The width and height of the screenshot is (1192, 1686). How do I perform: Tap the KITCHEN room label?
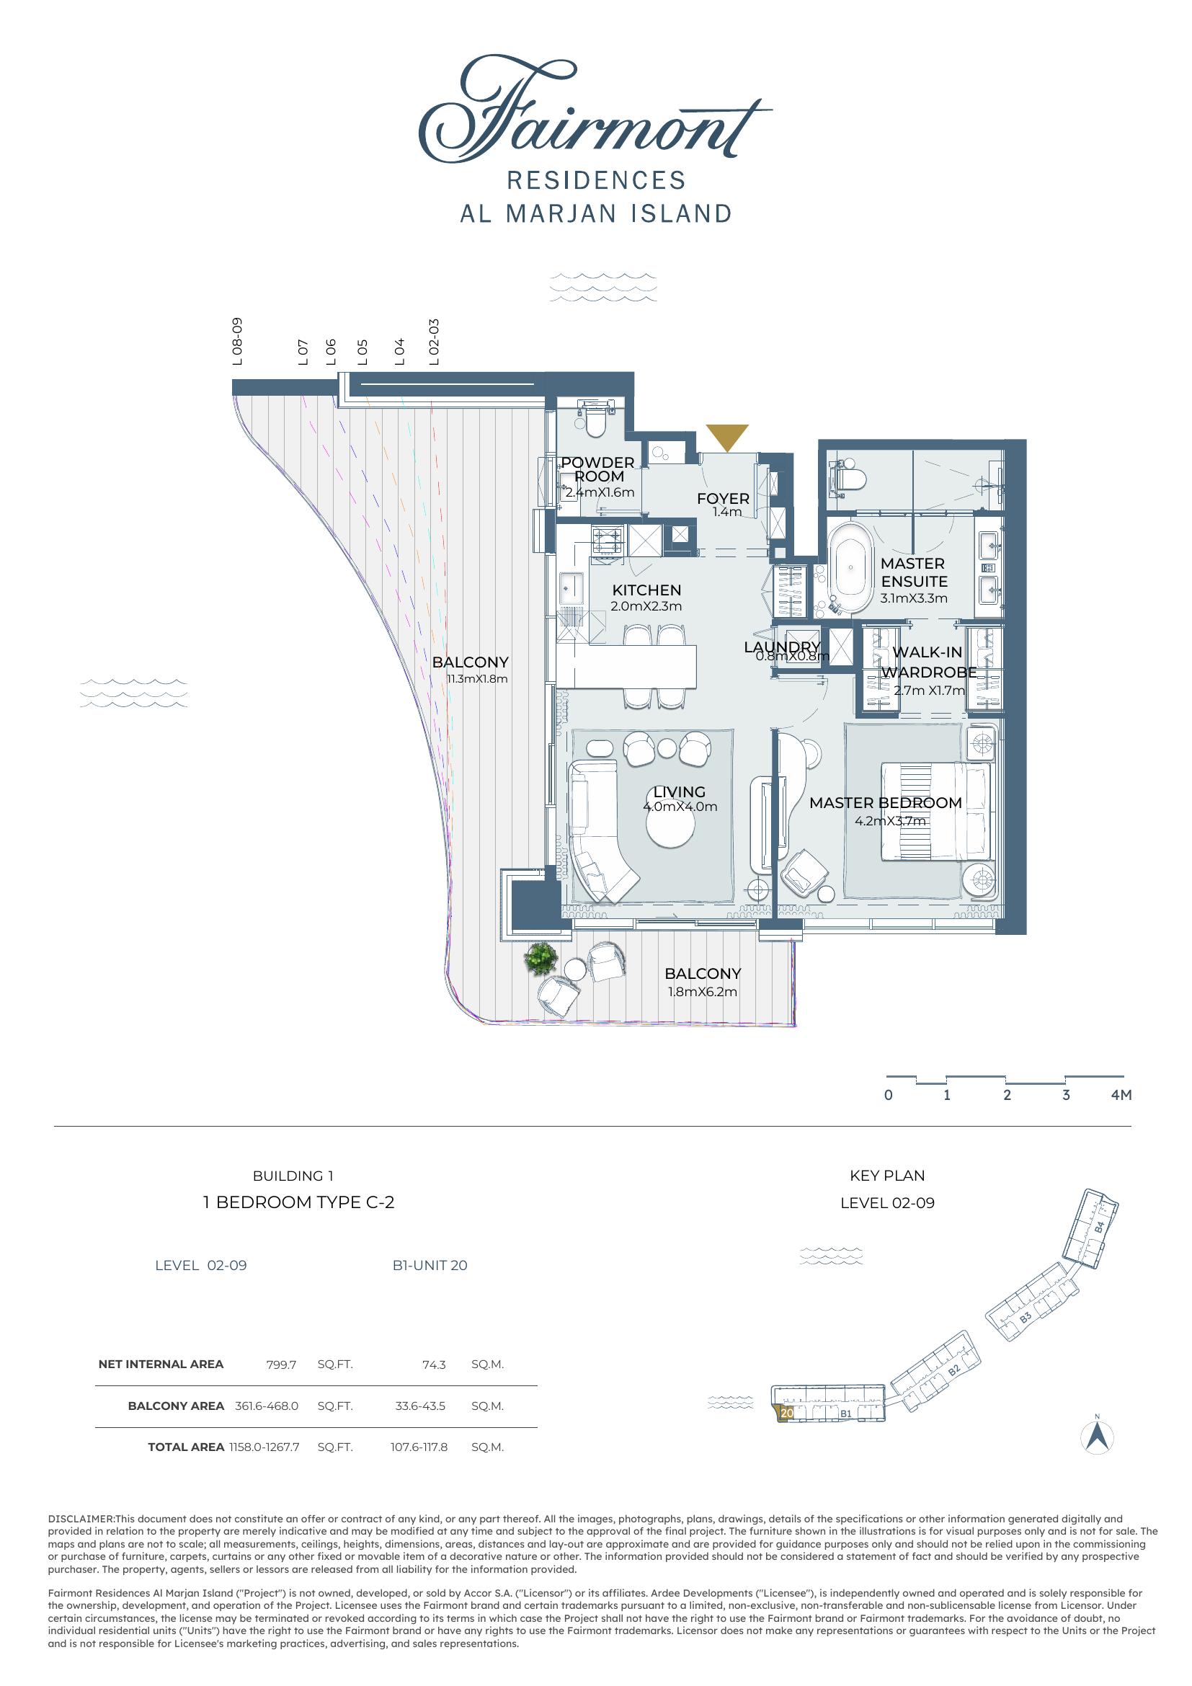point(646,590)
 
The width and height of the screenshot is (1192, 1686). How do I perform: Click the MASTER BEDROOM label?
point(885,802)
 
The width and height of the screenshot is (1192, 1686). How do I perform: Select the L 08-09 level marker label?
point(236,342)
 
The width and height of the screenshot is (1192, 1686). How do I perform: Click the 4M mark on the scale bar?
point(1121,1095)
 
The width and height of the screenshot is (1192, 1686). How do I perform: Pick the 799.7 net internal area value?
point(281,1365)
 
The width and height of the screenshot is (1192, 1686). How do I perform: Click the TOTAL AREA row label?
point(186,1447)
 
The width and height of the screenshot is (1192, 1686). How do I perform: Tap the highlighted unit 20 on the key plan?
point(786,1412)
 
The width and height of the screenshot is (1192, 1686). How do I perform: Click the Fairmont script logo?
point(595,112)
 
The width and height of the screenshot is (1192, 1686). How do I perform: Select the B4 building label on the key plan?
point(1099,1226)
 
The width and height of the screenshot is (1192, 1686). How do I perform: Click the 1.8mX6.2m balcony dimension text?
point(703,991)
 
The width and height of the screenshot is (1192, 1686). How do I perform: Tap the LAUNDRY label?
point(783,646)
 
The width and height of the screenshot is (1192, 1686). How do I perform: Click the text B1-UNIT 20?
point(430,1265)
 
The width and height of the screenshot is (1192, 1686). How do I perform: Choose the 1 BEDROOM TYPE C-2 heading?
point(299,1202)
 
